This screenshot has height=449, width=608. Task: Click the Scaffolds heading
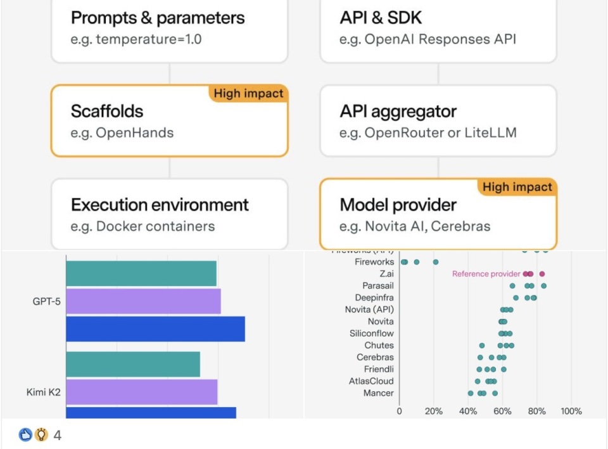tap(107, 112)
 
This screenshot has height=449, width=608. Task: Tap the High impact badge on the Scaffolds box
tap(248, 94)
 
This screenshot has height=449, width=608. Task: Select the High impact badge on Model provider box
tap(517, 187)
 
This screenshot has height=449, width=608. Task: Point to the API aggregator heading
tap(398, 112)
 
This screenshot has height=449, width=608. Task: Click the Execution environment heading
tap(160, 205)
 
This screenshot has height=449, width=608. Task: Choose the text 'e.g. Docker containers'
tap(142, 226)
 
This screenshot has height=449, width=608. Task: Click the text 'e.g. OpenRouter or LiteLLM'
tap(427, 133)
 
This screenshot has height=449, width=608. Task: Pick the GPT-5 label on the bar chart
tap(46, 301)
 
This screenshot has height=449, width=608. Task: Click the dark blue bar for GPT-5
tap(155, 329)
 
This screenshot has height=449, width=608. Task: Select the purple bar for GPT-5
tap(143, 301)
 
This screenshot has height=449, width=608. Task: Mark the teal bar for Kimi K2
tap(133, 364)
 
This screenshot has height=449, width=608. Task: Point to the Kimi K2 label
tap(44, 393)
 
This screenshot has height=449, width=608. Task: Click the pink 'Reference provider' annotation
tap(486, 274)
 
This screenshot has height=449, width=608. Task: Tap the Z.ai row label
tap(384, 274)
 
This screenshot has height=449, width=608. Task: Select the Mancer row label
tap(378, 393)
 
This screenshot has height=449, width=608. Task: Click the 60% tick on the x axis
tap(502, 411)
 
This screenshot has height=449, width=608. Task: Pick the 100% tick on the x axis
tap(571, 411)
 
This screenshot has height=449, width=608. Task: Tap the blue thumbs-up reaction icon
tap(25, 435)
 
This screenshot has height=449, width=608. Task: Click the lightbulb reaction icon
tap(41, 435)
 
